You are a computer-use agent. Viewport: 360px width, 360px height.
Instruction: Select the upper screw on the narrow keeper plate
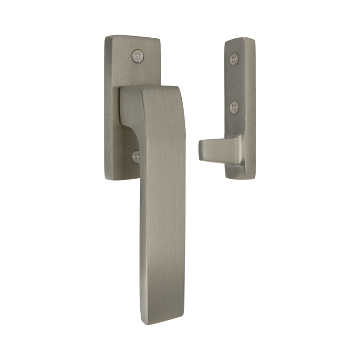tap(234, 58)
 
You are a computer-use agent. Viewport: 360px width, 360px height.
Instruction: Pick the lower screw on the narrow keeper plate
tap(234, 107)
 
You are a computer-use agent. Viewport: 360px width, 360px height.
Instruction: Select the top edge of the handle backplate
tap(133, 37)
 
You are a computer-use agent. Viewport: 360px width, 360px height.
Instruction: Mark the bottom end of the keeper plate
tap(237, 173)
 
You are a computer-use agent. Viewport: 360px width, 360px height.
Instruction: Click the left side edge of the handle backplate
tap(107, 108)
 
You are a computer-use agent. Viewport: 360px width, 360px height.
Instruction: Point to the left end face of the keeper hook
tap(201, 149)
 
